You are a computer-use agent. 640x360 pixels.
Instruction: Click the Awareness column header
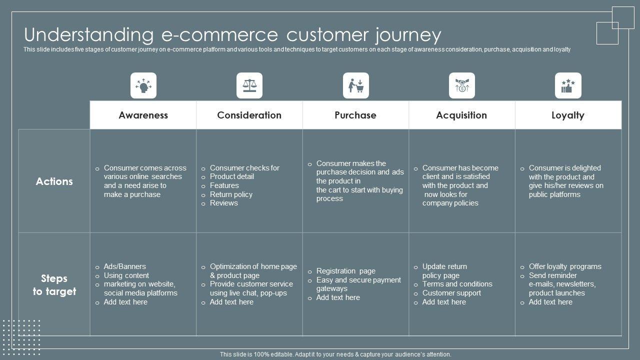pos(143,115)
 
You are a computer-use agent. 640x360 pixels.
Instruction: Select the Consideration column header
pos(249,115)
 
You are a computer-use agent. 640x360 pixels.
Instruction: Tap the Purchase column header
pos(355,115)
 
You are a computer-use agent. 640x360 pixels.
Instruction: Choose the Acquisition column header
pos(461,115)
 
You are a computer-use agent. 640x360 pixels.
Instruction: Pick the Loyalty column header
pos(567,115)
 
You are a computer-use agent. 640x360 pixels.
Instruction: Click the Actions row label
pos(54,181)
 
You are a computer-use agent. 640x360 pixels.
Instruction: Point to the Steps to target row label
pos(54,285)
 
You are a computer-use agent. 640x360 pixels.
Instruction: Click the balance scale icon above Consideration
pos(249,85)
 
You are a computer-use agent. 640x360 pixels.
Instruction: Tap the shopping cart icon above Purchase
pos(355,85)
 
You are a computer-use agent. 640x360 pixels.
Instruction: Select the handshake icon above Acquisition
pos(461,85)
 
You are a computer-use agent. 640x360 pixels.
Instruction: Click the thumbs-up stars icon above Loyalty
pos(568,85)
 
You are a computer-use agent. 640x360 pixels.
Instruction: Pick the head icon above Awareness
pos(143,85)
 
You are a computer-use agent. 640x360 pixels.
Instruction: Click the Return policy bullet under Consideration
pos(231,194)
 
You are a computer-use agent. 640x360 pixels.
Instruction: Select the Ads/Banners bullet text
pos(124,266)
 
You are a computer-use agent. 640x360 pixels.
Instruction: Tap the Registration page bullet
pos(345,271)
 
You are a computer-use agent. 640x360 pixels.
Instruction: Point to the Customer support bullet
pos(451,293)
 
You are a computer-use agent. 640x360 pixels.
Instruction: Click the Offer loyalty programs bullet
pos(565,266)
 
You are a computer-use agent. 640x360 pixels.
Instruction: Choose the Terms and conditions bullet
pos(457,284)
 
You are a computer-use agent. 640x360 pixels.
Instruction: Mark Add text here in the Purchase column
pos(338,297)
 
